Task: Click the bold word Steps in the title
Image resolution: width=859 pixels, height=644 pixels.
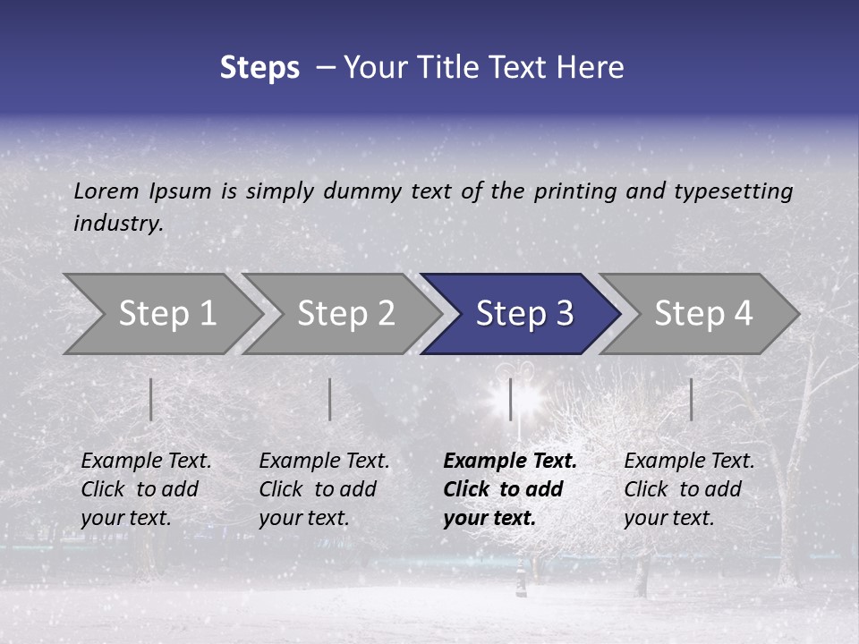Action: coord(259,68)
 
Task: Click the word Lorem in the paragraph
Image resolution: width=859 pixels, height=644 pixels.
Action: coord(106,191)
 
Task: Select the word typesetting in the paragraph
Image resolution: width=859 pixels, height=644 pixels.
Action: coord(733,191)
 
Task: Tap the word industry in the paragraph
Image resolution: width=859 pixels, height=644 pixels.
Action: coord(117,223)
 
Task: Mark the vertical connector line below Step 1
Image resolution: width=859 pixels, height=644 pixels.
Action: coord(150,399)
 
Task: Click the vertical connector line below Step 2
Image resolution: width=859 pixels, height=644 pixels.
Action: coord(329,399)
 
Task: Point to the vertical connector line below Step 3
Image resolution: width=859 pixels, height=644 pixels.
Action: coord(510,399)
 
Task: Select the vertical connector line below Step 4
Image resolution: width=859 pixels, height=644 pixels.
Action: coord(691,399)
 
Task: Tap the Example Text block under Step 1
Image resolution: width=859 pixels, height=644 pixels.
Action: coord(146,489)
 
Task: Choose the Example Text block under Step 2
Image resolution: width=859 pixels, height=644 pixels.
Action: coord(324,489)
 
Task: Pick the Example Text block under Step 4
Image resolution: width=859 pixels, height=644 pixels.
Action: coord(689,489)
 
